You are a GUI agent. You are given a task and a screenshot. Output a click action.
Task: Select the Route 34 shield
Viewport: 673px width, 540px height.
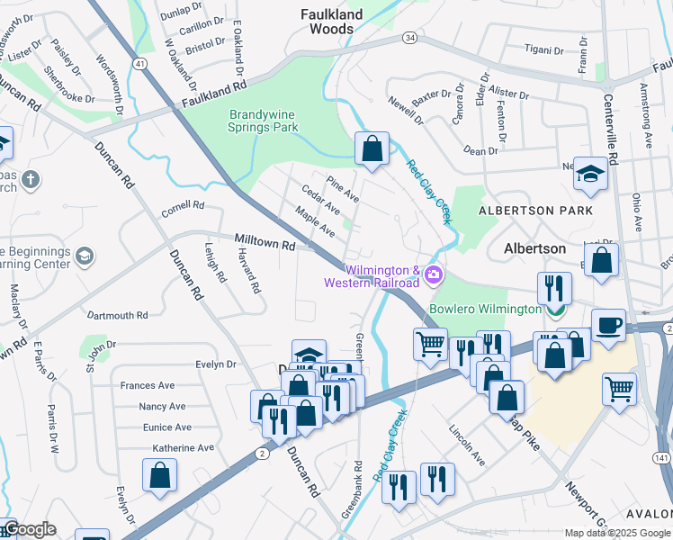coord(409,38)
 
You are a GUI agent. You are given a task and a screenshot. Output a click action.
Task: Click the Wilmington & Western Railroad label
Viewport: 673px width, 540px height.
coord(372,276)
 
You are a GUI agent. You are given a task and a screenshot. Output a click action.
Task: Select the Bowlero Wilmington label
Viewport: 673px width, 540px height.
coord(486,308)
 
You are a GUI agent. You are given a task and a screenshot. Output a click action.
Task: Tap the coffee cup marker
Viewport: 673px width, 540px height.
coord(609,325)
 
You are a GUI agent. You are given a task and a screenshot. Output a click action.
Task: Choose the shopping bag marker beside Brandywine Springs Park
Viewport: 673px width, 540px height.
coord(372,148)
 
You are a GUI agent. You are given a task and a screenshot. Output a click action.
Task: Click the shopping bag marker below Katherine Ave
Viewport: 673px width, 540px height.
coord(159,475)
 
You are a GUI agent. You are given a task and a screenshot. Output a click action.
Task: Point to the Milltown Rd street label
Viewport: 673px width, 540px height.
coord(265,245)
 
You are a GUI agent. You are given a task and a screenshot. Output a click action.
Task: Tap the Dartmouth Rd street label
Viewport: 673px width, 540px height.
coord(117,316)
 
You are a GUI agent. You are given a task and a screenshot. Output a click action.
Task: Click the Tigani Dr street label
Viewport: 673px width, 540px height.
coord(543,49)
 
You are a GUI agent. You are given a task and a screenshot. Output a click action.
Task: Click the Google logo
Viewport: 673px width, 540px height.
coord(30,529)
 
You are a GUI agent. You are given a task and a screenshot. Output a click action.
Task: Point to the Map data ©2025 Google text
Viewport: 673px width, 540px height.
coord(616,533)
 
